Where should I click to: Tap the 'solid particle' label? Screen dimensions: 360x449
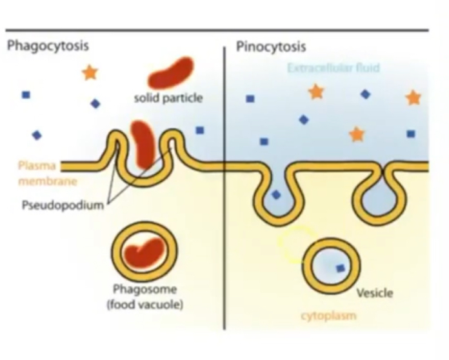tap(168, 98)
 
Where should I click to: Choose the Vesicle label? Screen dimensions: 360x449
tap(374, 293)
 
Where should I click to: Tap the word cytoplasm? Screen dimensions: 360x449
tap(328, 316)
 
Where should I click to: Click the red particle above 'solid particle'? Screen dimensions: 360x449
tap(170, 72)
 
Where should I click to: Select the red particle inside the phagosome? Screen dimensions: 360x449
tap(145, 252)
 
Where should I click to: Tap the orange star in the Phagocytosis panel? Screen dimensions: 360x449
tap(90, 72)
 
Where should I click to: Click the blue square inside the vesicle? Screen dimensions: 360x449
tap(340, 268)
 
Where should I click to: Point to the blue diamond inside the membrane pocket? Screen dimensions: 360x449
tap(276, 194)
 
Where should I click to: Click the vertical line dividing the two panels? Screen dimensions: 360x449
tap(224, 194)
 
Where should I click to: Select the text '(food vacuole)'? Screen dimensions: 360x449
tap(145, 303)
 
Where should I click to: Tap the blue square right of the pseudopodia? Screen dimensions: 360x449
tap(200, 130)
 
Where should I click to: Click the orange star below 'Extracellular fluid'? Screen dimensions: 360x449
tap(315, 92)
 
